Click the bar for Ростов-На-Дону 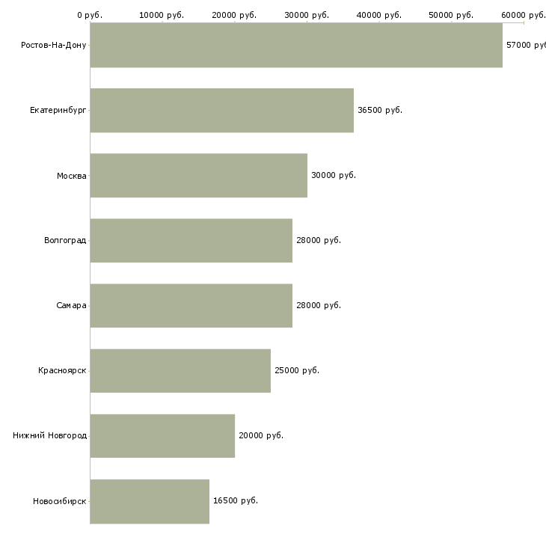click(296, 45)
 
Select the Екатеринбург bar click(221, 110)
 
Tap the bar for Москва click(198, 175)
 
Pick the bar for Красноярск click(180, 370)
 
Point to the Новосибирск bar click(150, 500)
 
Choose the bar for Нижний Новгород click(162, 435)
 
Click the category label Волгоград click(65, 240)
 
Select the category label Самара click(71, 305)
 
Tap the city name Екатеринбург click(58, 110)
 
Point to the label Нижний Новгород click(49, 435)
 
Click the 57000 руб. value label click(526, 45)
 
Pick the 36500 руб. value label click(380, 110)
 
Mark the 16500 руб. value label click(236, 500)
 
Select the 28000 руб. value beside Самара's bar click(319, 305)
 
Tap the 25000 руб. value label click(297, 370)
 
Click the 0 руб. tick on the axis click(90, 15)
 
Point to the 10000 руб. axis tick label click(162, 15)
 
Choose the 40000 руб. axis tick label click(379, 15)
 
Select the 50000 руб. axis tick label click(451, 15)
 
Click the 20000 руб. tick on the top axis click(234, 15)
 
